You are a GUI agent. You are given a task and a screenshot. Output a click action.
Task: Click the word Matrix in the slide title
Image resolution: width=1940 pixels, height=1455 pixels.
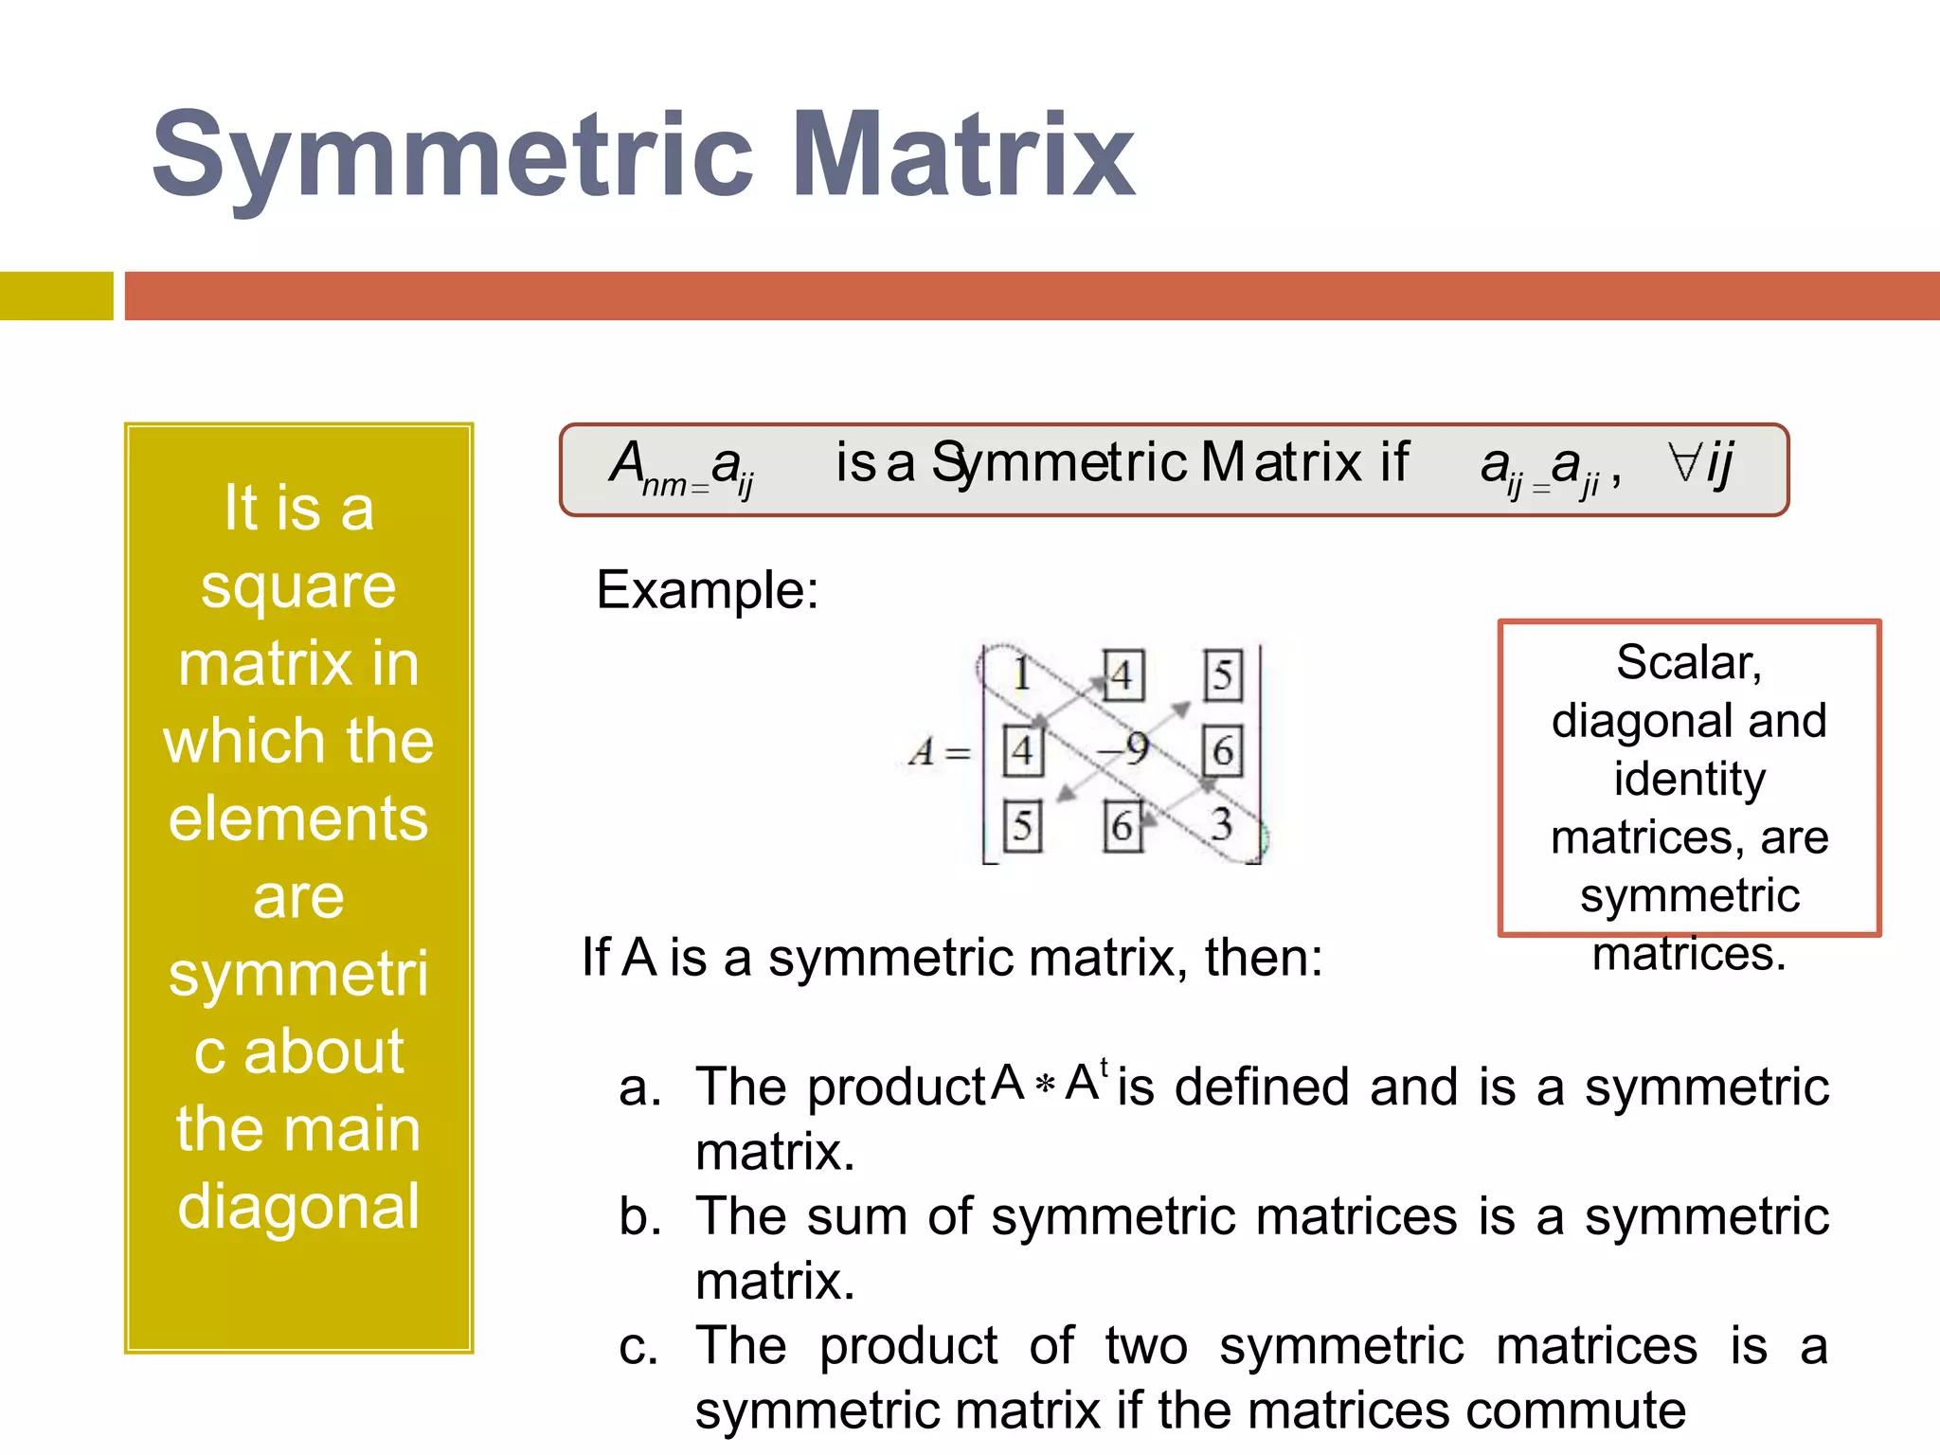pos(963,155)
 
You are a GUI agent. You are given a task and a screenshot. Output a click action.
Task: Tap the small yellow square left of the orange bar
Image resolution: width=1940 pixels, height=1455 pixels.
pos(56,296)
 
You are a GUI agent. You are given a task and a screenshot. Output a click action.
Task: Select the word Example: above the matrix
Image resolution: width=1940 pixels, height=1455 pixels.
pos(707,590)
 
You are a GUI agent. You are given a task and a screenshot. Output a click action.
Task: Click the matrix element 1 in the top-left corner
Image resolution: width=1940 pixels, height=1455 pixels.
pos(1021,674)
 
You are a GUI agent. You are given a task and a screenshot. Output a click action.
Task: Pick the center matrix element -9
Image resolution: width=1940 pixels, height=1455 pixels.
pos(1123,749)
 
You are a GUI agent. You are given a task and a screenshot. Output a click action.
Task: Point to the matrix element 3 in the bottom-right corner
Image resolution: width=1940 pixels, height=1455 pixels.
pos(1222,824)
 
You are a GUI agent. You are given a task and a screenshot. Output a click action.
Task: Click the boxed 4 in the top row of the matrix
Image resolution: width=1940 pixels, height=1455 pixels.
pos(1123,675)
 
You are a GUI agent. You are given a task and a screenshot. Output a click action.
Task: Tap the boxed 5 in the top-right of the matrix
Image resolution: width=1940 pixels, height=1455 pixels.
pos(1223,675)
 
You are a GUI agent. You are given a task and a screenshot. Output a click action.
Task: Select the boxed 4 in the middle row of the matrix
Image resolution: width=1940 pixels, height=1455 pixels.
pos(1022,751)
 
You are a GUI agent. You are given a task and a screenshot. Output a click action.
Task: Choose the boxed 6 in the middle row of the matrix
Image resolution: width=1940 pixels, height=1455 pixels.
pos(1223,751)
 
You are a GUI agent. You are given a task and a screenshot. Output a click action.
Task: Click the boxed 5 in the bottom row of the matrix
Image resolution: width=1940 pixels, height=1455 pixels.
pos(1022,826)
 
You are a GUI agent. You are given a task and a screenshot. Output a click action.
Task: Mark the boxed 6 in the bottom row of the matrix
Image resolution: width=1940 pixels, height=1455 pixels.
pos(1123,826)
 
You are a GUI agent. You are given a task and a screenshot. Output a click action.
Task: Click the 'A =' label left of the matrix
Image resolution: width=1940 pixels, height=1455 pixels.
pos(938,753)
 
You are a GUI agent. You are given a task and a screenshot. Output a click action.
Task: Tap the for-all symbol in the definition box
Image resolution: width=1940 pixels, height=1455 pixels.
pos(1684,462)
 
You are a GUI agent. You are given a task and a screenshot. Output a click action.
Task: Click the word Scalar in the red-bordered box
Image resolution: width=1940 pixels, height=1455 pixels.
pos(1688,662)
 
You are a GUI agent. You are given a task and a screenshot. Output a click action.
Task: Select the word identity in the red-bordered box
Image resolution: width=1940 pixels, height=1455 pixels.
pos(1689,780)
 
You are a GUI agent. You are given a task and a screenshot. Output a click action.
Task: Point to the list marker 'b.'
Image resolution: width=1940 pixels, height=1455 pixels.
pos(639,1216)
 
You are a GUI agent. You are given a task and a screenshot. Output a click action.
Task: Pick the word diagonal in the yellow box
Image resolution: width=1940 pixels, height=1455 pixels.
pos(298,1207)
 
